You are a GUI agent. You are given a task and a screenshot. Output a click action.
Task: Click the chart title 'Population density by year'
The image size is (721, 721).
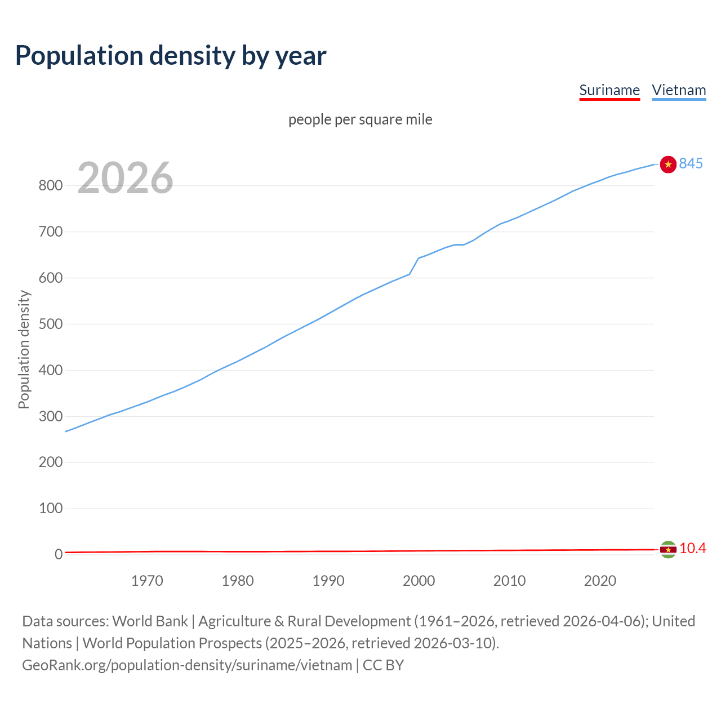[171, 55]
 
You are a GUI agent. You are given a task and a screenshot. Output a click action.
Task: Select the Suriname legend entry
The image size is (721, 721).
[609, 90]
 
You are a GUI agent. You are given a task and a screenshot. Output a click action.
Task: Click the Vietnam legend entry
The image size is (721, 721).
[679, 90]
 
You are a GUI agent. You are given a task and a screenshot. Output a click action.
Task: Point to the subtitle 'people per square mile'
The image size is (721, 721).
[360, 119]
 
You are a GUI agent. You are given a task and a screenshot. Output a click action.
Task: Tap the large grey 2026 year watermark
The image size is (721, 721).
[125, 178]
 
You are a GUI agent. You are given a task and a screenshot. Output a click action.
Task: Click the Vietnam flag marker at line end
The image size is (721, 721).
[668, 164]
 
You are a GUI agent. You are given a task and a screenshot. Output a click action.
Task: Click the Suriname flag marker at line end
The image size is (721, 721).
[668, 549]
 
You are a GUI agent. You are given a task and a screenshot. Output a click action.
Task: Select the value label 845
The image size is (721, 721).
[691, 163]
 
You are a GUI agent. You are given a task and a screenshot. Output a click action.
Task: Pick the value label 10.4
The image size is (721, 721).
[692, 548]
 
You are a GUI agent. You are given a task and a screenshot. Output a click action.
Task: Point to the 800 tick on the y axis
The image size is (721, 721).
[50, 185]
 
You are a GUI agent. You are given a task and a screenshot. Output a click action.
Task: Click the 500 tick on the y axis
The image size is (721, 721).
[50, 324]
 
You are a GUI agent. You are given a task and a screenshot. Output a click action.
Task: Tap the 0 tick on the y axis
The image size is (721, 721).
[58, 554]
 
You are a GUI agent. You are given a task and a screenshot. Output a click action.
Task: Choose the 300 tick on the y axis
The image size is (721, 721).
[50, 416]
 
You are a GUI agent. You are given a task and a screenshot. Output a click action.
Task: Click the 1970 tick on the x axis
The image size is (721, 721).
[147, 581]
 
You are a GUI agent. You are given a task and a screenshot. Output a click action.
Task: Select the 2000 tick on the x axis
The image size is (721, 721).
[419, 581]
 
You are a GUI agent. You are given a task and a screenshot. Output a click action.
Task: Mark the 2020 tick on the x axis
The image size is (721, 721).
[600, 581]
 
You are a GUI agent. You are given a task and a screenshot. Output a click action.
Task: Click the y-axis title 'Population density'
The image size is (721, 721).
[24, 349]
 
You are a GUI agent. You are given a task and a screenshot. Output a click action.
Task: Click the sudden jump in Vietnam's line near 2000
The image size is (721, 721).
[414, 266]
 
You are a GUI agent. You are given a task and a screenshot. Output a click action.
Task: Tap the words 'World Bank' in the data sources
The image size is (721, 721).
[150, 621]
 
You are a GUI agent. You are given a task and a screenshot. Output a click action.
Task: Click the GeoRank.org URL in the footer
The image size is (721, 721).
[187, 665]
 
